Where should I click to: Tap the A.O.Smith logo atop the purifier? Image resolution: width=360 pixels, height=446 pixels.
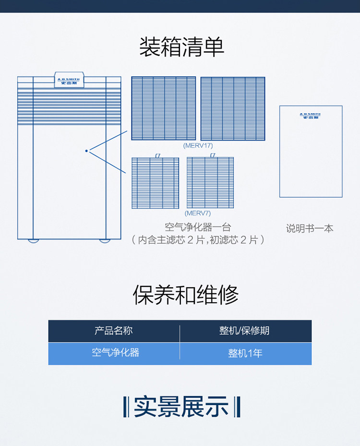tap(69, 80)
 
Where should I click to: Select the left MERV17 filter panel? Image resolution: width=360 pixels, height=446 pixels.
tap(164, 108)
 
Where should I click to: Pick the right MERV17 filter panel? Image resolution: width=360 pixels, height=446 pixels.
tap(233, 108)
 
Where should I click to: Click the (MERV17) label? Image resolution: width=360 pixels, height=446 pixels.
tap(198, 145)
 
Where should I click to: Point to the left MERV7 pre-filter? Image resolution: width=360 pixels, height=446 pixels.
tap(156, 183)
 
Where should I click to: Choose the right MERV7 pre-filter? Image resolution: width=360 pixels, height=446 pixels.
tap(210, 183)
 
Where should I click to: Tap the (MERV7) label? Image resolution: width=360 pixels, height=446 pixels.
tap(198, 213)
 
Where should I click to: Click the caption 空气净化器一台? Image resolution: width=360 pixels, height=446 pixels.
tap(198, 227)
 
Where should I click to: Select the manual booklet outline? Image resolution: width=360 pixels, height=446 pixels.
tap(311, 152)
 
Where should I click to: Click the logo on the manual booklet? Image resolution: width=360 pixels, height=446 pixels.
tap(311, 116)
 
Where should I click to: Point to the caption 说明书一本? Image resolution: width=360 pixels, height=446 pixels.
tap(310, 228)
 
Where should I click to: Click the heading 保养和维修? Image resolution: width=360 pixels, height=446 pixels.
tap(186, 294)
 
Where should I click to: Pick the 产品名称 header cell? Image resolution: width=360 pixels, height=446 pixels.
tap(114, 330)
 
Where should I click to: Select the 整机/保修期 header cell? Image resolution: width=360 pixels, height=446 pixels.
tap(244, 330)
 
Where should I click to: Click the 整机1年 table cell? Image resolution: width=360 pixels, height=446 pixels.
tap(245, 353)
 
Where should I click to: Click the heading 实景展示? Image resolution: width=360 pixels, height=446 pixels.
tap(181, 407)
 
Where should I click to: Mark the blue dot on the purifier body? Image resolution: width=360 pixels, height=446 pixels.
tap(86, 151)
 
